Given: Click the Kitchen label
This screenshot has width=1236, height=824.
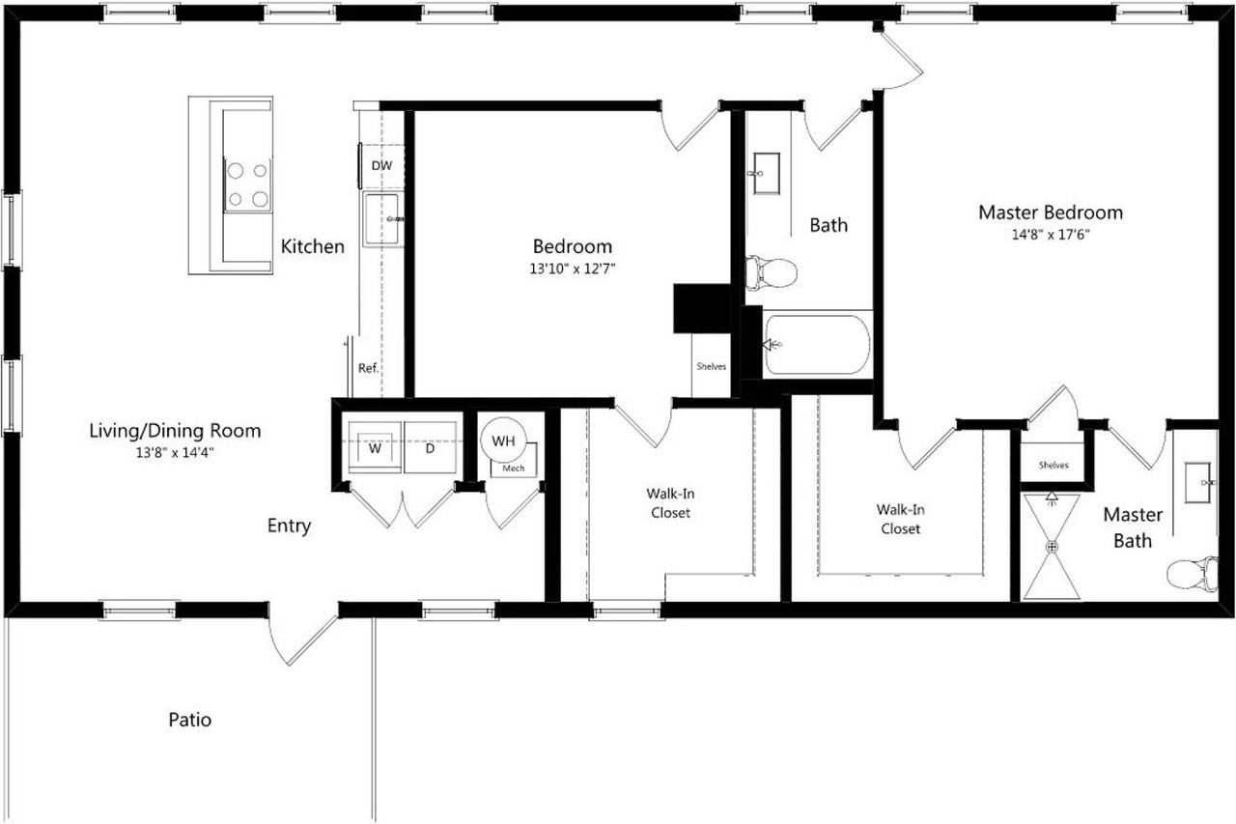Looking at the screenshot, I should pyautogui.click(x=312, y=247).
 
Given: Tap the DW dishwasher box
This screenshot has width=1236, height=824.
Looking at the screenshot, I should pyautogui.click(x=382, y=166).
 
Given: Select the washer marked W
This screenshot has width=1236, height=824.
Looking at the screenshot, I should pyautogui.click(x=372, y=447).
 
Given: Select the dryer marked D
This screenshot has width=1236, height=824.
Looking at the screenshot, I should pyautogui.click(x=431, y=447).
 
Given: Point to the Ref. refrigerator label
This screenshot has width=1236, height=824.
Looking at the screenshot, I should pyautogui.click(x=367, y=368).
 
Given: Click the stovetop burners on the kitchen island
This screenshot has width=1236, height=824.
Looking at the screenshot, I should pyautogui.click(x=246, y=185).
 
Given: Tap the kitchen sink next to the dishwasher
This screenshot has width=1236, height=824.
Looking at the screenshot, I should pyautogui.click(x=382, y=218).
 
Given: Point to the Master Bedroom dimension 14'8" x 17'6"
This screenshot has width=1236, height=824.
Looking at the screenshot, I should pyautogui.click(x=1051, y=234).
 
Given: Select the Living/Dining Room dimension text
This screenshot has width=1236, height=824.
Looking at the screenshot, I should pyautogui.click(x=174, y=451).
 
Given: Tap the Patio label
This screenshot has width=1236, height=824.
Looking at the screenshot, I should pyautogui.click(x=190, y=720).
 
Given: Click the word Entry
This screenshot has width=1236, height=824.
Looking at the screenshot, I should pyautogui.click(x=290, y=526).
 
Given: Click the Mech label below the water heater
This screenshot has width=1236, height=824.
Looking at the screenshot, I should pyautogui.click(x=513, y=469).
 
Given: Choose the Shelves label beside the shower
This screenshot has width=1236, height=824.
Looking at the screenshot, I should pyautogui.click(x=1053, y=465).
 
